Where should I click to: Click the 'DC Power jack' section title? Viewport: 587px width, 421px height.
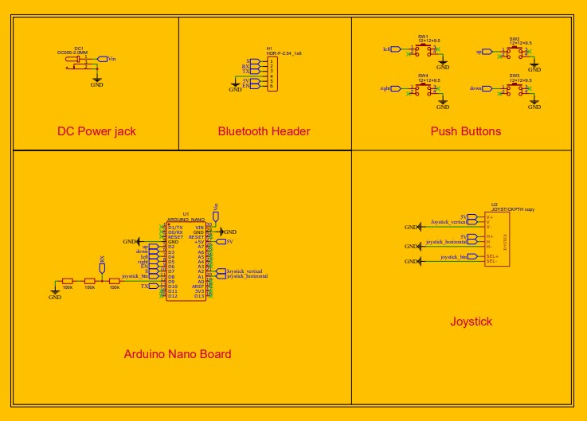coord(96,131)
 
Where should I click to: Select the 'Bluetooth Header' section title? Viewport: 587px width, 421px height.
coord(264,131)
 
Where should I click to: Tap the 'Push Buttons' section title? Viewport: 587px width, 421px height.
coord(466,131)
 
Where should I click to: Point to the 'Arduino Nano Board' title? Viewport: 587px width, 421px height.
coord(178,354)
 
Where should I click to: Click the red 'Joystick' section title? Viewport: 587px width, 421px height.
coord(471,322)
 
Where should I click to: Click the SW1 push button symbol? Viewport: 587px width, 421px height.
coord(423,50)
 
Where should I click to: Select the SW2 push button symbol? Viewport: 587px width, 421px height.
coord(515,51)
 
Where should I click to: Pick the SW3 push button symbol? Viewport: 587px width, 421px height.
coord(515,89)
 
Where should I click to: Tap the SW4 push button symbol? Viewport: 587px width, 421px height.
coord(423,89)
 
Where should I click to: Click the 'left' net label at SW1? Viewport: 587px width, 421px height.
coord(387,49)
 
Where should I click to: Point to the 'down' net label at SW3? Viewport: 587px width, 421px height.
coord(476,88)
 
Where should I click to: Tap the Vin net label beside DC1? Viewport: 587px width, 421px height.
coord(111,59)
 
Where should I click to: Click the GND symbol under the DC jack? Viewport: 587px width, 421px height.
coord(97,82)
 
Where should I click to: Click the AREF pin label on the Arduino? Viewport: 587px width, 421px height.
coord(198,286)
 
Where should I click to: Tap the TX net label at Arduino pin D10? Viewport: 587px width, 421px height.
coord(144,286)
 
